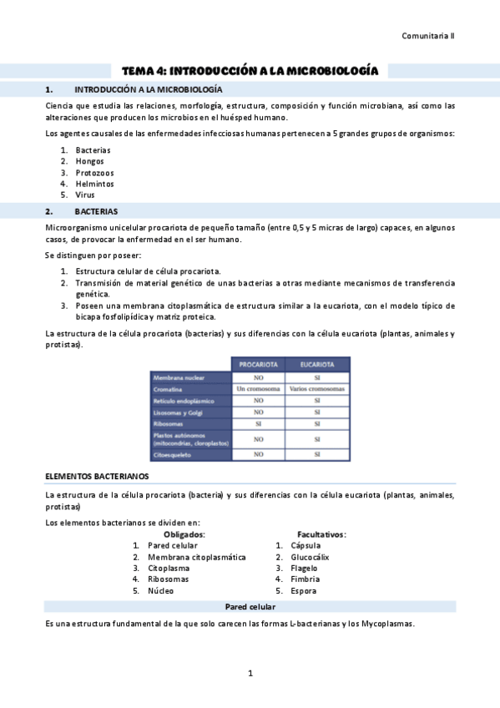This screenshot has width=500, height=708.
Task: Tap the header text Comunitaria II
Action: [428, 36]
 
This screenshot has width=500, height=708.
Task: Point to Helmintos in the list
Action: [94, 184]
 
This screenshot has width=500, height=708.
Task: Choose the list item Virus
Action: [84, 195]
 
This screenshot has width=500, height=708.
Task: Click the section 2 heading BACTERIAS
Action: [96, 212]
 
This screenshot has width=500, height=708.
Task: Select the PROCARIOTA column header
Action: [258, 365]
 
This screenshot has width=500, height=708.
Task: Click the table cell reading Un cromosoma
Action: [258, 389]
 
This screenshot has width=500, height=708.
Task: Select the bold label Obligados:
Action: [184, 534]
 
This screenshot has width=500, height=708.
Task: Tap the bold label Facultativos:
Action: [322, 534]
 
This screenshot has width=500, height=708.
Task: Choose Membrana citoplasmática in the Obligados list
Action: [197, 557]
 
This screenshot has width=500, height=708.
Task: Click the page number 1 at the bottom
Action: [250, 673]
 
